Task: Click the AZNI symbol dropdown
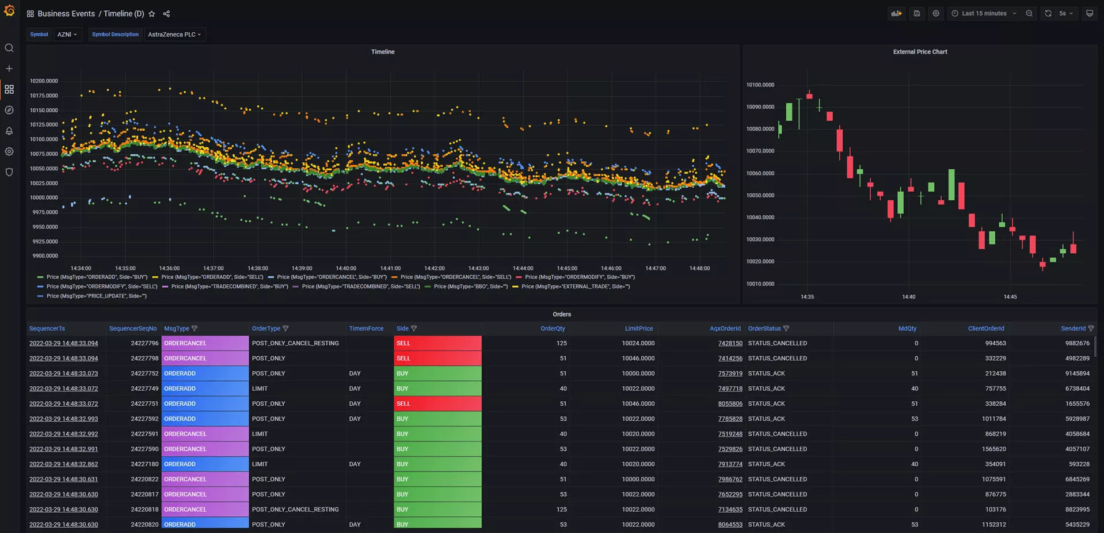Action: [67, 35]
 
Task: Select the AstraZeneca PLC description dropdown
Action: [174, 35]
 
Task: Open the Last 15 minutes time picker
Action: [984, 13]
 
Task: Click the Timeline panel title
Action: [383, 52]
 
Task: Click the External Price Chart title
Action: [920, 52]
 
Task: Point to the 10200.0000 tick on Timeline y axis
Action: [44, 81]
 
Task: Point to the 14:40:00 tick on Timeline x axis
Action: [346, 268]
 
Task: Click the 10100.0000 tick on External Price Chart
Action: [760, 85]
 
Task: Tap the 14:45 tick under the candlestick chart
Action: [1010, 297]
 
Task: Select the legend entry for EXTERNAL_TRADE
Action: [575, 287]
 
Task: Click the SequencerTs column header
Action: [47, 329]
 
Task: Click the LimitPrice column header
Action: [639, 329]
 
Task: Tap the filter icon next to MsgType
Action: [195, 329]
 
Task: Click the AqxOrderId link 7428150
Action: [730, 343]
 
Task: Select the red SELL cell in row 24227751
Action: [437, 403]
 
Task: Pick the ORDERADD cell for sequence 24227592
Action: [204, 418]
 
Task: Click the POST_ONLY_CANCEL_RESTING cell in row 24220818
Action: [295, 509]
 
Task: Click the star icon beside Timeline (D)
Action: [152, 14]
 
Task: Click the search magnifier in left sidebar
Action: [9, 48]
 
